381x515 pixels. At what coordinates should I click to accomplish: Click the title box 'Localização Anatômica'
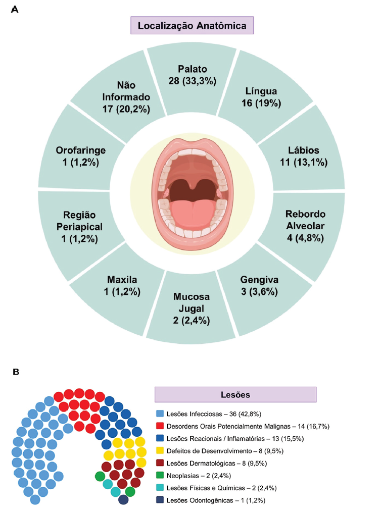(x=192, y=25)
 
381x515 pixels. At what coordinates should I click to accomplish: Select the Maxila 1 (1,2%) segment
(x=123, y=286)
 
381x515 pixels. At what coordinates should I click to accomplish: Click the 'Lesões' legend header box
(x=235, y=394)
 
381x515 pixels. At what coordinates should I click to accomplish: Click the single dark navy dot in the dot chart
(x=123, y=500)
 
